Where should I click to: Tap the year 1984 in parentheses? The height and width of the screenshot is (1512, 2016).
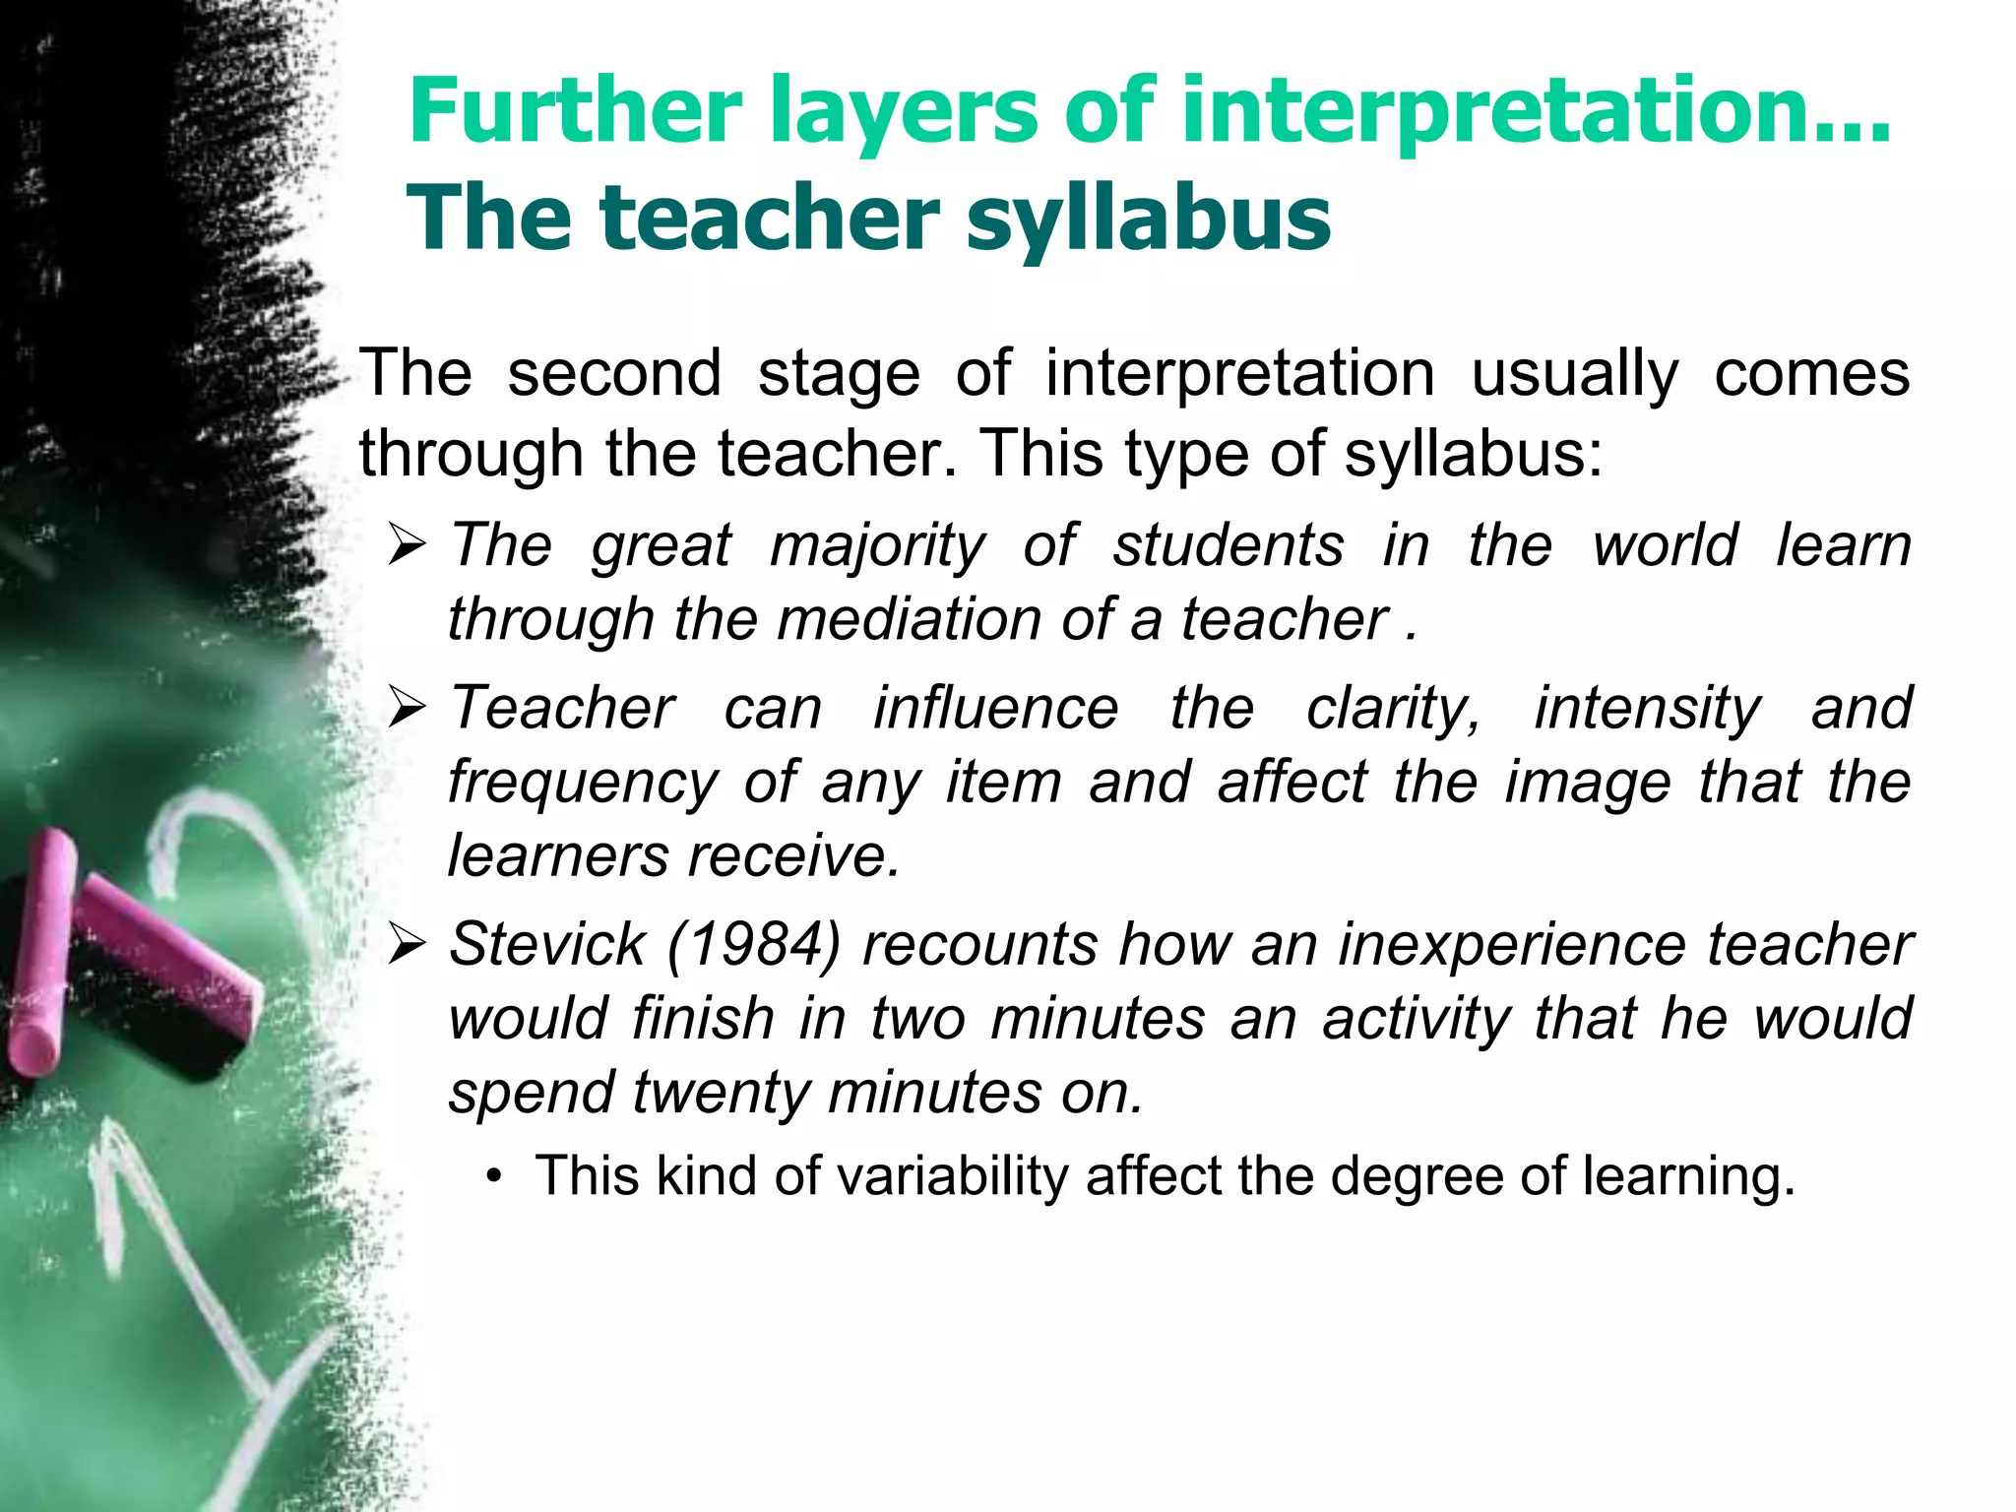[x=754, y=944]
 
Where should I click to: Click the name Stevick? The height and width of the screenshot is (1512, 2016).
[x=547, y=944]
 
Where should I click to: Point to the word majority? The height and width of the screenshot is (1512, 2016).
[x=876, y=547]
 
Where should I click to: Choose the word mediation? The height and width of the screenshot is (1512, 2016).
[x=909, y=620]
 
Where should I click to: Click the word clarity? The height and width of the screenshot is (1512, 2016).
[x=1392, y=709]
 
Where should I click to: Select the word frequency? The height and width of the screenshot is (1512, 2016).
[x=583, y=784]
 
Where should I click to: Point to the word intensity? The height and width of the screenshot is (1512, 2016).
[x=1647, y=709]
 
